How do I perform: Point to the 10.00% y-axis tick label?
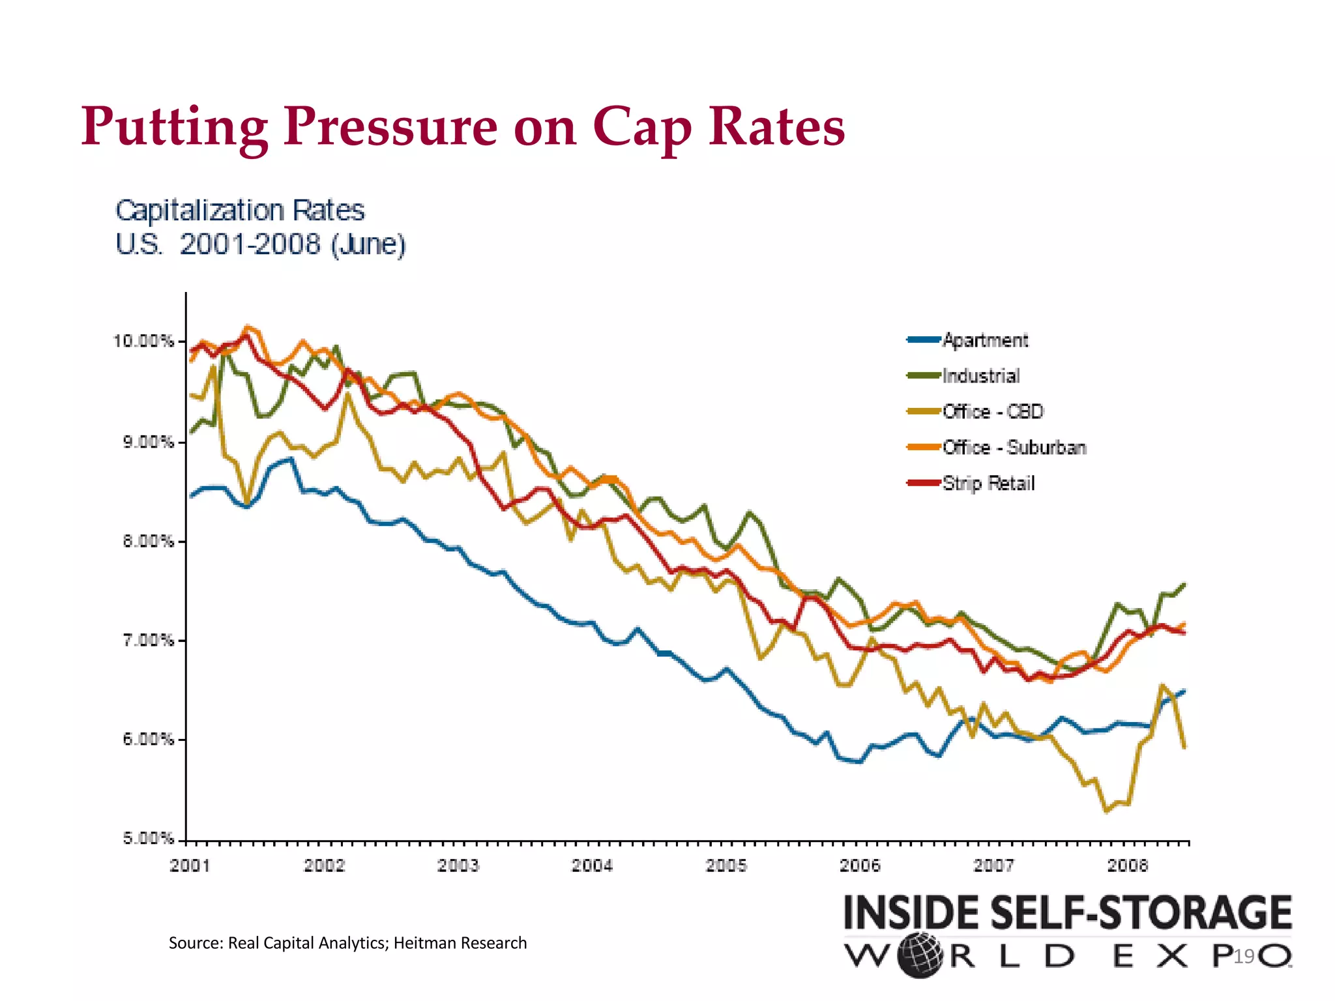point(143,341)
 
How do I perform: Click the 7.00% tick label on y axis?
point(148,640)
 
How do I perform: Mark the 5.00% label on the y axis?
point(148,838)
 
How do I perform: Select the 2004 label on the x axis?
point(592,865)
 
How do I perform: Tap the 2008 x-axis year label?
point(1128,865)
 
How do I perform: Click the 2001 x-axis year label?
point(190,865)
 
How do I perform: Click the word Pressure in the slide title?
point(390,126)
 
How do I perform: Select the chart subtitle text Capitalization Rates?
point(240,210)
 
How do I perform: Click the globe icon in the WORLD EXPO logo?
point(920,956)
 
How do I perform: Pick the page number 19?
point(1244,956)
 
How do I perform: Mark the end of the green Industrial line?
point(1184,585)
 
